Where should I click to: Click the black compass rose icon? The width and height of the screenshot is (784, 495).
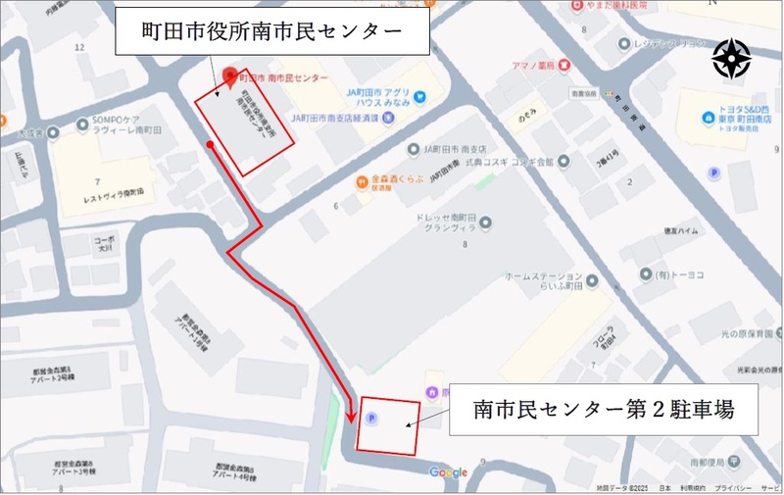point(731,58)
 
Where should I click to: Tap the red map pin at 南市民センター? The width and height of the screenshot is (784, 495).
point(230,74)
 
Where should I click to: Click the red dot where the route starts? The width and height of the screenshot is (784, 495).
point(210,146)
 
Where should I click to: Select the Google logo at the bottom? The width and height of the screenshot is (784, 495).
point(448,473)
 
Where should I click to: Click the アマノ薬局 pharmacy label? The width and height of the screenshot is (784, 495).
point(534,65)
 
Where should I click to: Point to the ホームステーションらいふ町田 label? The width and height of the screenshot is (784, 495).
point(544,282)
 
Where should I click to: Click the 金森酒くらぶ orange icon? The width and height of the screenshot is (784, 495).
point(362,181)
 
